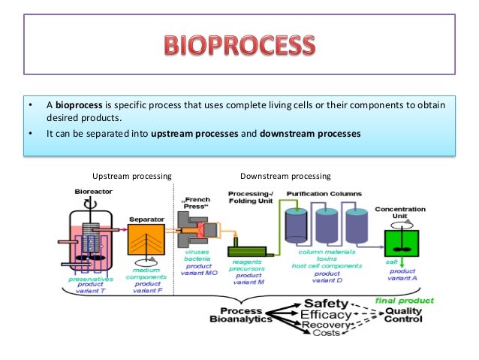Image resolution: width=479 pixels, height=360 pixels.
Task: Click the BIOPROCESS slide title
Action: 239,47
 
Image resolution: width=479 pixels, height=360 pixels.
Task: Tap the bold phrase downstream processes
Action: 310,134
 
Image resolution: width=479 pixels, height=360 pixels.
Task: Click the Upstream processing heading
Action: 131,176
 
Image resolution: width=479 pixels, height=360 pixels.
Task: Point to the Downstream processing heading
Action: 285,176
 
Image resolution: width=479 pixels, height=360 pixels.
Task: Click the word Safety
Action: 322,302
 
